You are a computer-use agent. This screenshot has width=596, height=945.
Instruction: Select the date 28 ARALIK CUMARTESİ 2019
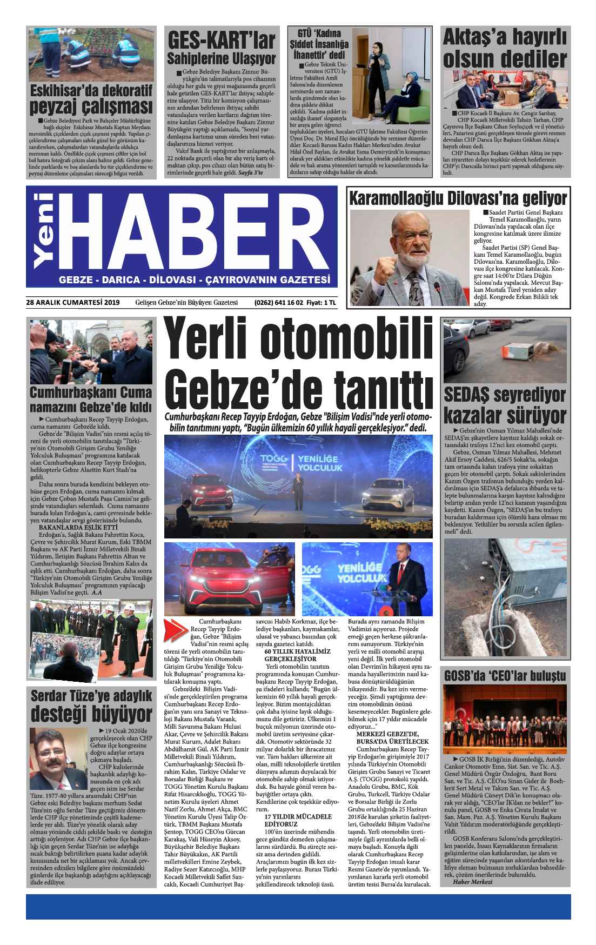pyautogui.click(x=72, y=302)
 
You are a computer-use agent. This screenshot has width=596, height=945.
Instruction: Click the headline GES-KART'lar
pyautogui.click(x=221, y=40)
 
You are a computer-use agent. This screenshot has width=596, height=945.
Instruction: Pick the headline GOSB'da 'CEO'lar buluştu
pyautogui.click(x=505, y=676)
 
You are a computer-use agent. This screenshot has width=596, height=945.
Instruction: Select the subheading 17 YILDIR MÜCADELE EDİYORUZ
pyautogui.click(x=297, y=820)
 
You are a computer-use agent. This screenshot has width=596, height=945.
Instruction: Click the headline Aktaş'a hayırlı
pyautogui.click(x=505, y=38)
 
